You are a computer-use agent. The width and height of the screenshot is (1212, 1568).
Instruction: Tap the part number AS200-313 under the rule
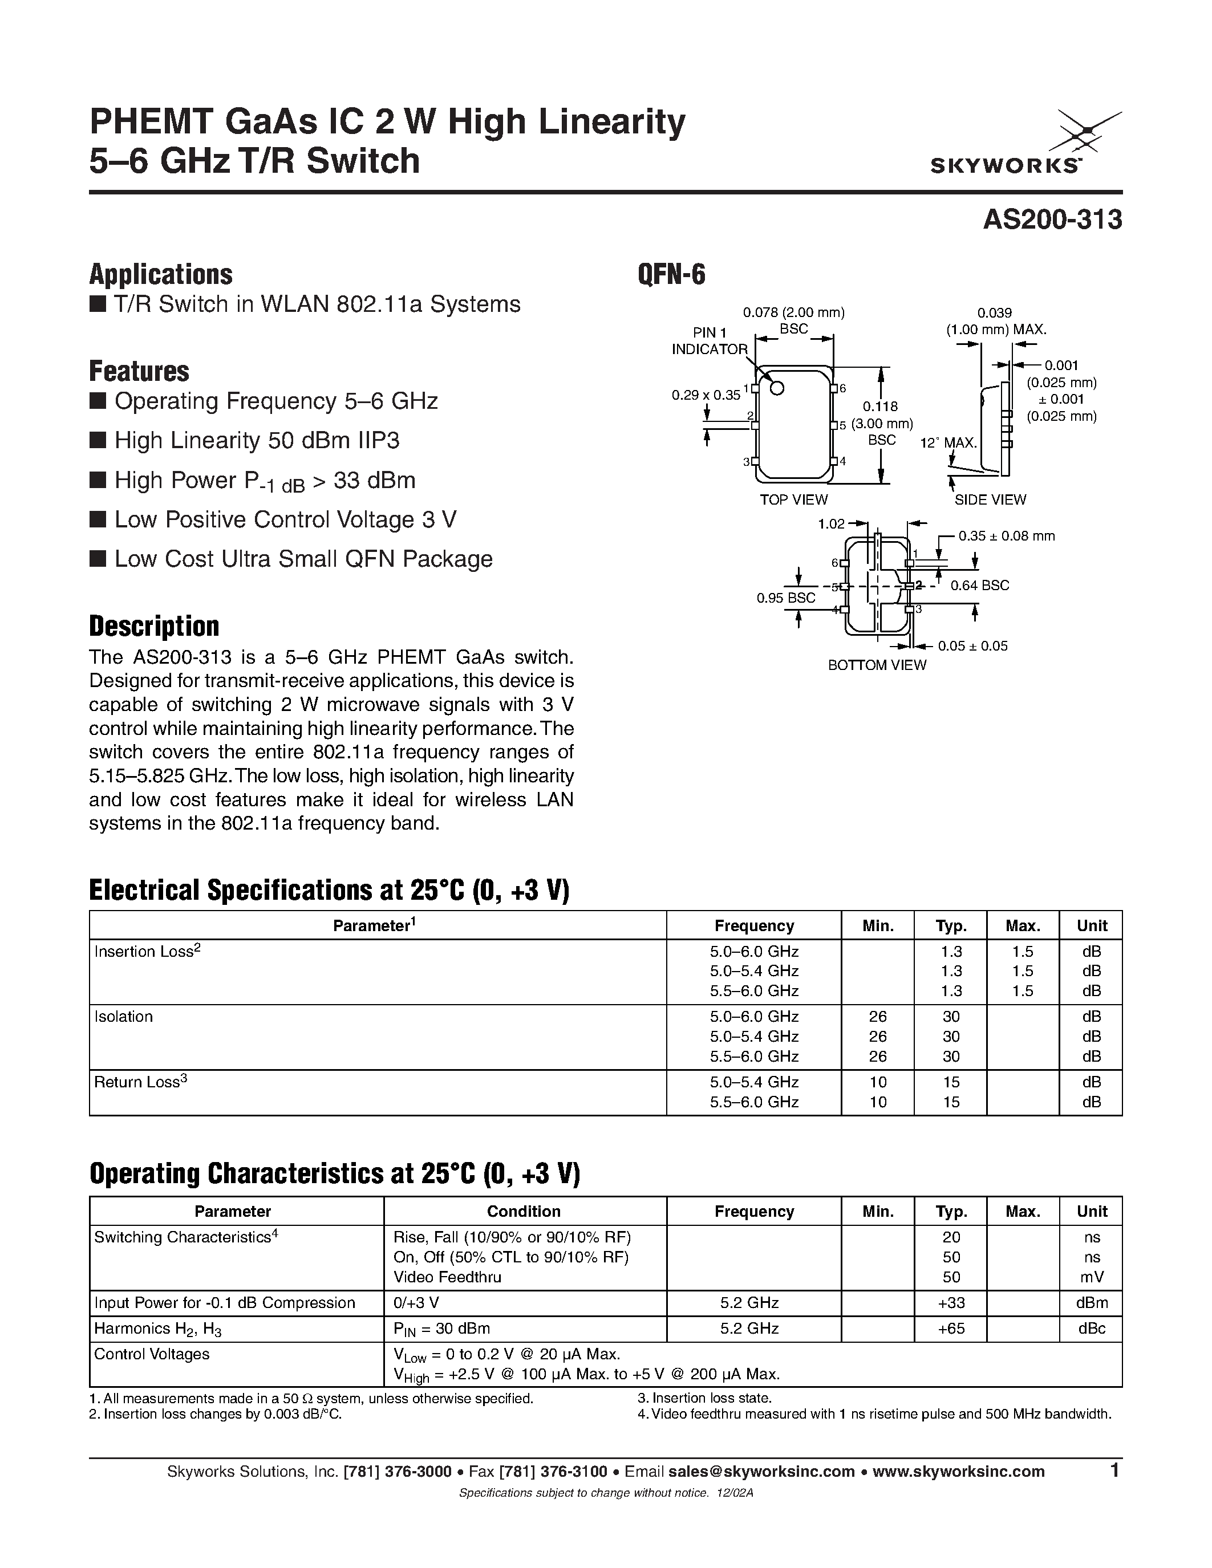click(x=1051, y=220)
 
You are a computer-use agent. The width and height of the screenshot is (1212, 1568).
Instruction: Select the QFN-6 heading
click(x=671, y=274)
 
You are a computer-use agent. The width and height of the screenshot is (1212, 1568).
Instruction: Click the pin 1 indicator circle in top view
click(x=776, y=388)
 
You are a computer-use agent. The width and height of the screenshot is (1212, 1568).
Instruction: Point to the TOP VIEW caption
click(x=793, y=499)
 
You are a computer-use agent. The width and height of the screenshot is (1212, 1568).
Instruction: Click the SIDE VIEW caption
click(x=990, y=499)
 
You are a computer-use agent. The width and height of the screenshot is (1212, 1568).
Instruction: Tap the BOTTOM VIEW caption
click(x=877, y=665)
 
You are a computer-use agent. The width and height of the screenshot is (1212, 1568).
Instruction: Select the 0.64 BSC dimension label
click(x=979, y=586)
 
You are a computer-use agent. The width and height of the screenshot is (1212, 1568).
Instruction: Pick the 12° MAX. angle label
click(x=948, y=443)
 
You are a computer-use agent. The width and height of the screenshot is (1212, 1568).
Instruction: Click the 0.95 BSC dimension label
click(x=785, y=598)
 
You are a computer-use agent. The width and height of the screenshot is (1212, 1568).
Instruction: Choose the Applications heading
click(x=161, y=274)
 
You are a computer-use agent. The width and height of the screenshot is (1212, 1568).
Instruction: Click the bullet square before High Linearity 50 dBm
click(x=97, y=440)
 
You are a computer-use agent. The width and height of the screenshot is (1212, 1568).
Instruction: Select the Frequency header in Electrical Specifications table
click(x=754, y=925)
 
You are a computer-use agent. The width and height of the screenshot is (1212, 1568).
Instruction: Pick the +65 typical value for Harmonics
click(x=951, y=1328)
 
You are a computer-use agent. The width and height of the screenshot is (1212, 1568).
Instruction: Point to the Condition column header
click(x=524, y=1211)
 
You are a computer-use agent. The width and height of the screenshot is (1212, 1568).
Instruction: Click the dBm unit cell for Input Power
click(x=1092, y=1302)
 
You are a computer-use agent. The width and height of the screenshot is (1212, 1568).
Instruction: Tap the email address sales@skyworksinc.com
click(x=761, y=1472)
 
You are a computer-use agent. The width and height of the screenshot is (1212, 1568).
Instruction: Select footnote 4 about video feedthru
click(x=874, y=1415)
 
